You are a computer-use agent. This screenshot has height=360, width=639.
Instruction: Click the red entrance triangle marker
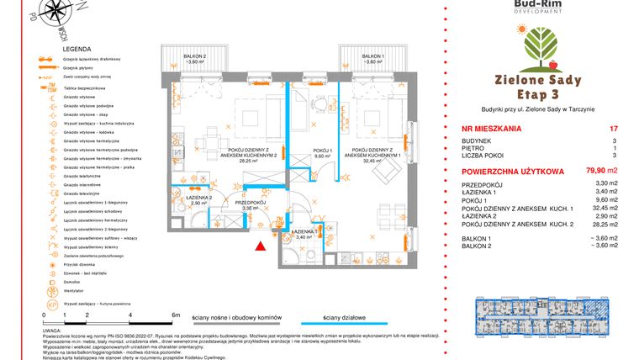[x=261, y=245]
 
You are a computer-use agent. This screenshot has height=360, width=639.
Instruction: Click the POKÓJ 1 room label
[x=300, y=151]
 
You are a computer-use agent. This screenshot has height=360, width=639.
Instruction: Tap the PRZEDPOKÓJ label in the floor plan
[x=250, y=203]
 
